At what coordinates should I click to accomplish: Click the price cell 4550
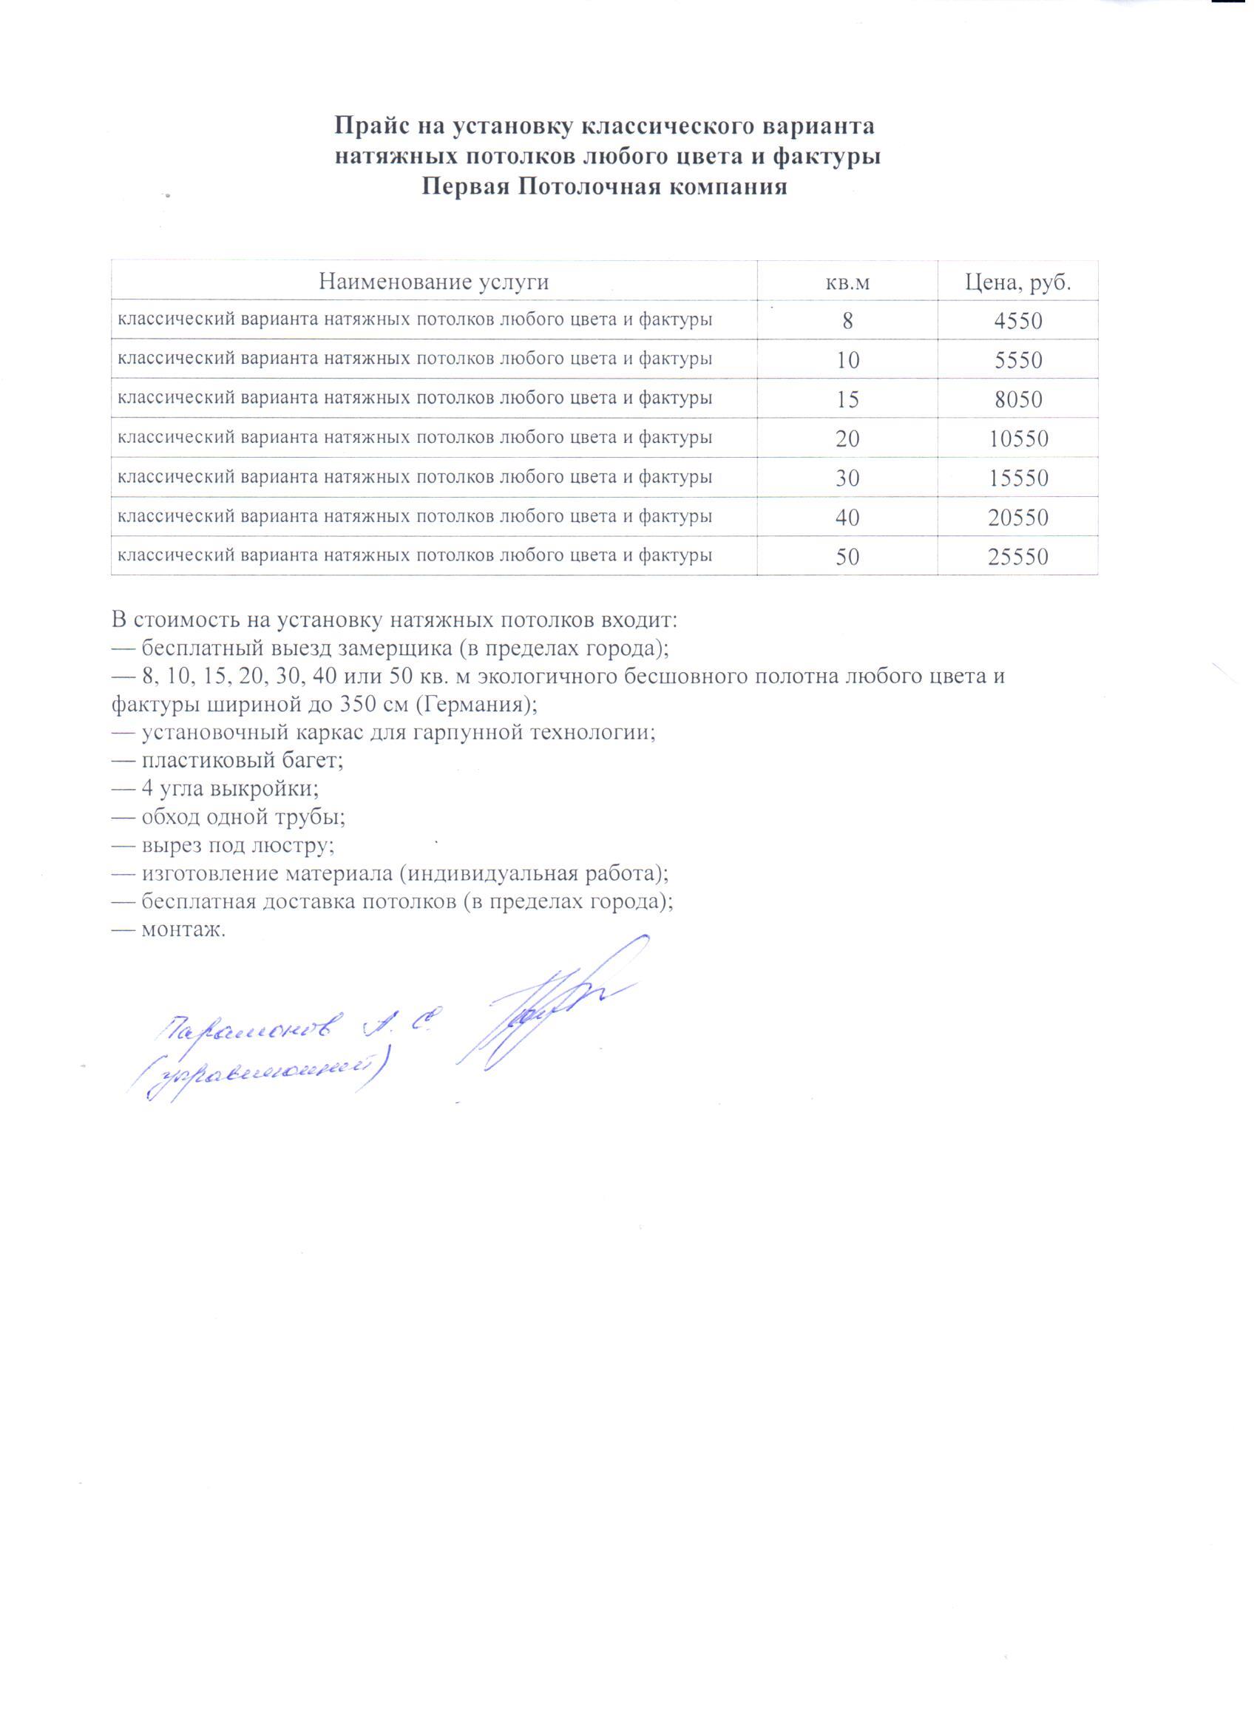1017,321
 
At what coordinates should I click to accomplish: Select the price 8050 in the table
1017,400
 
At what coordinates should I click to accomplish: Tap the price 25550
1017,557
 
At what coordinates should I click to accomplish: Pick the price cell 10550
1017,439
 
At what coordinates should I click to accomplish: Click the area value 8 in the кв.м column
848,321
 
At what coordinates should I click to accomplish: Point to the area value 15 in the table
848,400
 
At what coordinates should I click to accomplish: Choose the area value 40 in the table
848,518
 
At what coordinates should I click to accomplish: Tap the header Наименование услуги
433,282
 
